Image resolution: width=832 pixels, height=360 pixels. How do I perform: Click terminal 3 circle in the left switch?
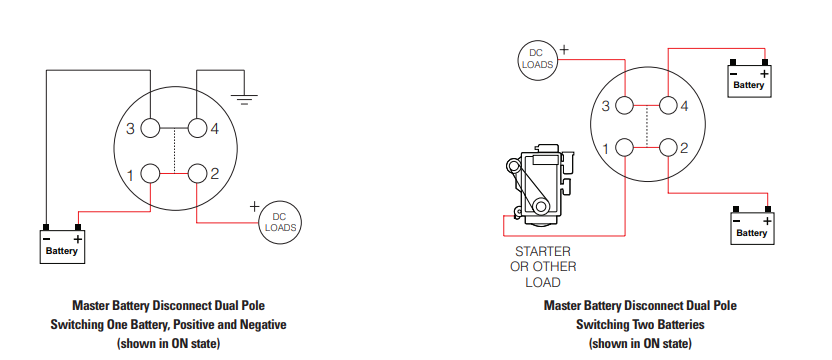tap(150, 128)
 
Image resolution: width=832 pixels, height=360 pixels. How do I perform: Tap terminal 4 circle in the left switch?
tap(197, 128)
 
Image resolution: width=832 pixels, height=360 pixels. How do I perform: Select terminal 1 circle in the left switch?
tap(150, 174)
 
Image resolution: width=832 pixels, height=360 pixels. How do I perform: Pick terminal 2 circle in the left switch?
tap(197, 174)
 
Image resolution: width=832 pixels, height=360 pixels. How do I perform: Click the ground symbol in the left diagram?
tap(243, 98)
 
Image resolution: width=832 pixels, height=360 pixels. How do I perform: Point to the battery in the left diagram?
tap(61, 246)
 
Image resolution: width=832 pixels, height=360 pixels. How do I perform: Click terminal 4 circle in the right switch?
tap(669, 105)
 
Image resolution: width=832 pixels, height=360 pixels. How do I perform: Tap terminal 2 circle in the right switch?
tap(669, 149)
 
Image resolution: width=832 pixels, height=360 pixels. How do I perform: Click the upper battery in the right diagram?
tap(749, 81)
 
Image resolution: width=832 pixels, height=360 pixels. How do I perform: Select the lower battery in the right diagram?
tap(751, 227)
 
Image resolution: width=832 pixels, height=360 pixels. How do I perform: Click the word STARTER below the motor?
tap(542, 251)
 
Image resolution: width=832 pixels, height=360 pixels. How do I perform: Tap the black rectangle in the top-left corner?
tap(74, 31)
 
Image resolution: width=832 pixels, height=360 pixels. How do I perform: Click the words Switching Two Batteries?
tap(641, 324)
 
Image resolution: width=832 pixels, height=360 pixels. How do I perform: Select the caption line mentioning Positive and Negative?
tap(168, 324)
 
